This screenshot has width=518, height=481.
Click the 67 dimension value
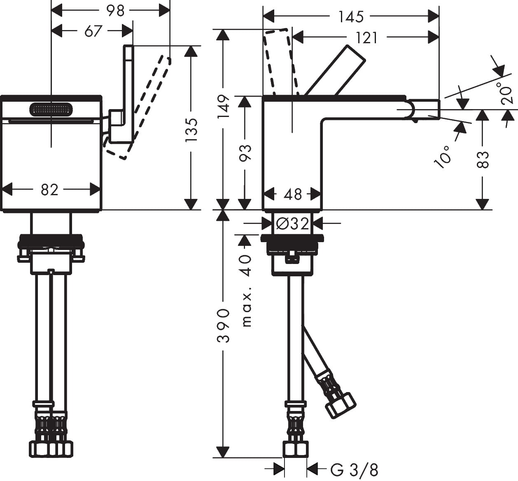pyautogui.click(x=93, y=31)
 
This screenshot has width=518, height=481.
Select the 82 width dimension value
pyautogui.click(x=49, y=190)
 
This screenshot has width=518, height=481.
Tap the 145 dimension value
pyautogui.click(x=351, y=16)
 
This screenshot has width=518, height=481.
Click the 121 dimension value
pyautogui.click(x=366, y=38)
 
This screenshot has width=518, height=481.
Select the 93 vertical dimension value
pyautogui.click(x=245, y=153)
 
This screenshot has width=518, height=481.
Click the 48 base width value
pyautogui.click(x=293, y=194)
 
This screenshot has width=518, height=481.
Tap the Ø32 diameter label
pyautogui.click(x=293, y=224)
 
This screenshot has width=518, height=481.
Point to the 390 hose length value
pyautogui.click(x=224, y=325)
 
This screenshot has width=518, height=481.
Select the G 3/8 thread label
pyautogui.click(x=354, y=469)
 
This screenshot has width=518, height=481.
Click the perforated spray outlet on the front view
pyautogui.click(x=51, y=110)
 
